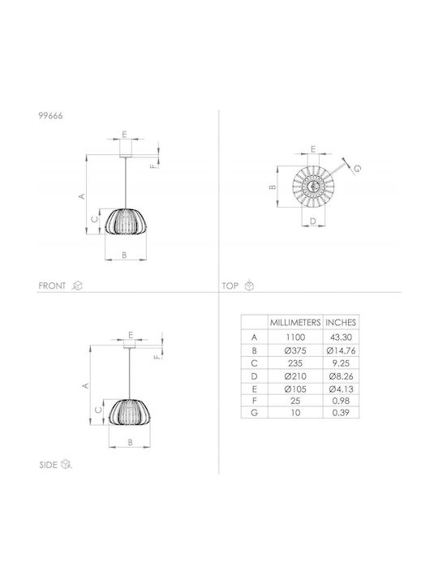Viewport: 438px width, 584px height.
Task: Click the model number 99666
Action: pos(50,116)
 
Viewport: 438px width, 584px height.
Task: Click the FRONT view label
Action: pos(52,286)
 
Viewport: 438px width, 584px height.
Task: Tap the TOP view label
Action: pos(230,286)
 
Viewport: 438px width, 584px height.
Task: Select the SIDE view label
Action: pos(49,465)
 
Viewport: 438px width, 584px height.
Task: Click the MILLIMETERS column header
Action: pos(295,323)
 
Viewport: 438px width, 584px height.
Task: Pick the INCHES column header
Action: pos(341,323)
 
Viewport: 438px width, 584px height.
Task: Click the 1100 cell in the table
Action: pos(295,337)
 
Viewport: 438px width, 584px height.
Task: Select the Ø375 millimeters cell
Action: pos(295,350)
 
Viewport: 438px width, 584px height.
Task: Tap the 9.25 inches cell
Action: pos(341,363)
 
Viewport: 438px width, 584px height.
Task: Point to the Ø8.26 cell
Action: pos(341,376)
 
